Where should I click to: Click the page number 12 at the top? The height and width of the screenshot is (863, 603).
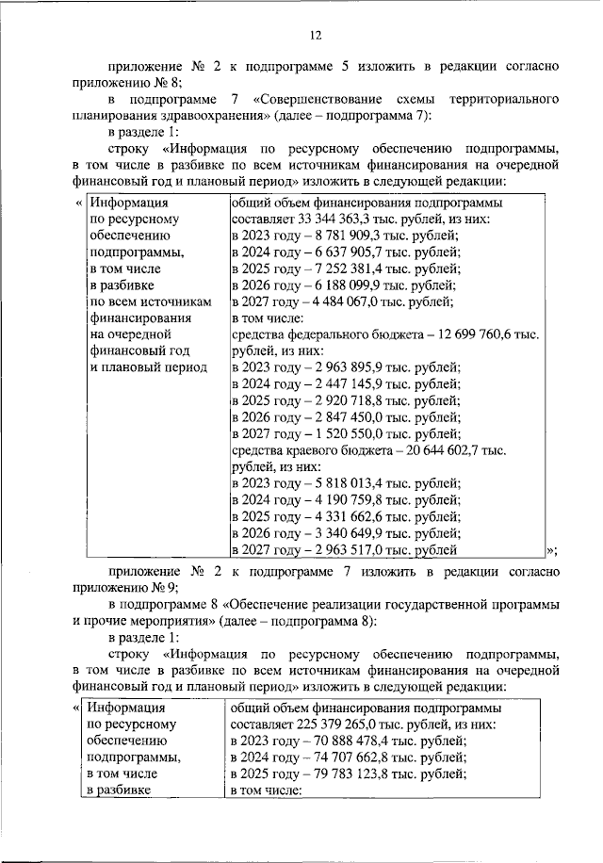[315, 35]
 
